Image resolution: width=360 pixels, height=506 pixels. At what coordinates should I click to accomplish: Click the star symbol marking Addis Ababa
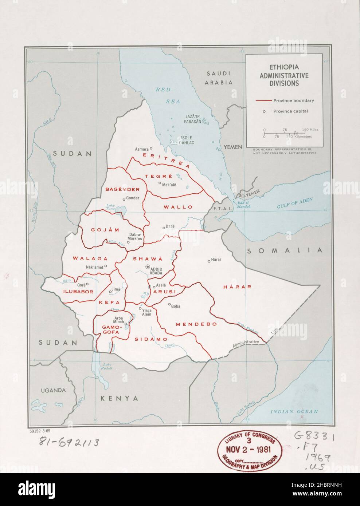click(148, 267)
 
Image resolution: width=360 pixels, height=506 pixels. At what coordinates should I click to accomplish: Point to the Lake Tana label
click(110, 207)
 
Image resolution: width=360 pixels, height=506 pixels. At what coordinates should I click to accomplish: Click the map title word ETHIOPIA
click(284, 68)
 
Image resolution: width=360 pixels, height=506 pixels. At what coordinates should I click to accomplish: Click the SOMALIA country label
click(285, 250)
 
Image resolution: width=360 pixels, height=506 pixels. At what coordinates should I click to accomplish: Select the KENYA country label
click(120, 399)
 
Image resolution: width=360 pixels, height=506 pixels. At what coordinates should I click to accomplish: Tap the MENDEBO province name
click(196, 324)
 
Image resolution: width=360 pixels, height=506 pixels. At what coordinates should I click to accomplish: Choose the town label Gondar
click(133, 198)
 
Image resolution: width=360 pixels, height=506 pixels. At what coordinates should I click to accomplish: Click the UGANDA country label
click(53, 390)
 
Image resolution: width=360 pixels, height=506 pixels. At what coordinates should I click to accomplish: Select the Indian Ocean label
click(294, 412)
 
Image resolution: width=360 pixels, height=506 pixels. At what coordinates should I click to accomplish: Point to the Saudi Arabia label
click(219, 78)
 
